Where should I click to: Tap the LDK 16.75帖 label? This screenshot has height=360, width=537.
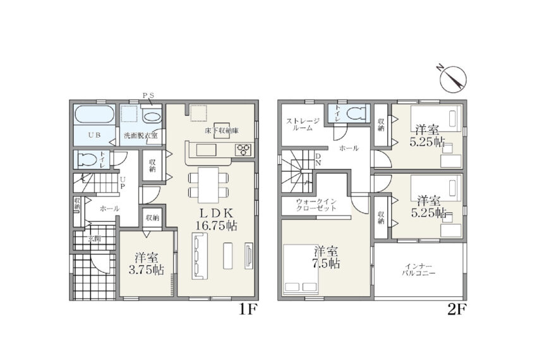point(217,220)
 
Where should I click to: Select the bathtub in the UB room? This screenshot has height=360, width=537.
point(95,114)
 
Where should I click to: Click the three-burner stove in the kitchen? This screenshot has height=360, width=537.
point(244,150)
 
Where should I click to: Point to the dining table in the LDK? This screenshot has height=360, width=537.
point(208,185)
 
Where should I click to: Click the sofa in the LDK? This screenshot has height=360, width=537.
point(200,256)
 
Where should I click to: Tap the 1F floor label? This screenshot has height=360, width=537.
point(248,309)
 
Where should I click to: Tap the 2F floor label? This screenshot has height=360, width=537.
point(457,309)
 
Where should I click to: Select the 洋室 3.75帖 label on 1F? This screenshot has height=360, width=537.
point(146,263)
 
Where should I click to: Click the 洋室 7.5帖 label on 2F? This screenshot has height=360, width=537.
point(327,258)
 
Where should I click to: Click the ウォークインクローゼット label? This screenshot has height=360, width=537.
point(316,205)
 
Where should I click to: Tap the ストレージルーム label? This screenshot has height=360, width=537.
point(303,124)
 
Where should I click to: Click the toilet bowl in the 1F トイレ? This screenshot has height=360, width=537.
point(87,160)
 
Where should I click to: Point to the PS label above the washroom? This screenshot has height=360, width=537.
point(148,95)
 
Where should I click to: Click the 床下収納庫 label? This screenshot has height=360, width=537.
point(222,131)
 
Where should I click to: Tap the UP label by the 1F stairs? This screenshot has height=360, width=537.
point(122,183)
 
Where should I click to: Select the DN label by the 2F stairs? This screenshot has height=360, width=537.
point(318,160)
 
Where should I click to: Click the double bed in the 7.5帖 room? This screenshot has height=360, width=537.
point(301,269)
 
